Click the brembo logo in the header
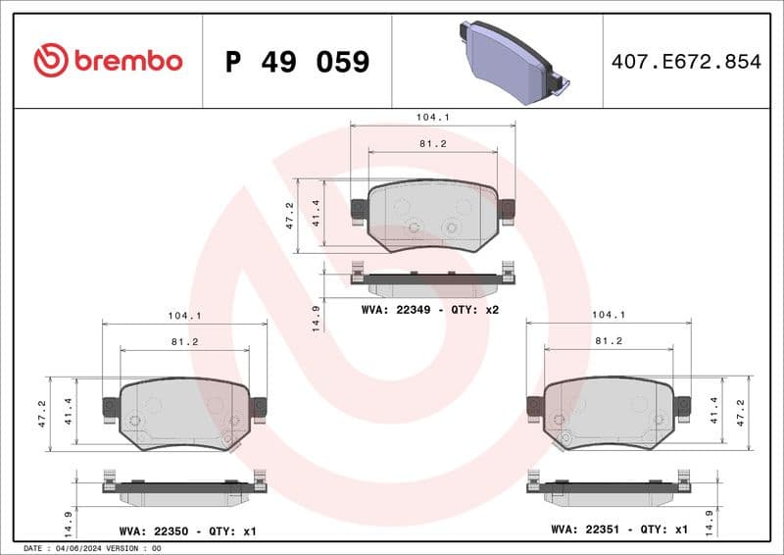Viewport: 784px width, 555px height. [x=108, y=61]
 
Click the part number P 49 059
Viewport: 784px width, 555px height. [x=297, y=62]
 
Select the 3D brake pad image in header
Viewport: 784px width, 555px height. [x=513, y=62]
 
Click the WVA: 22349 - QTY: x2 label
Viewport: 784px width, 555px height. [x=430, y=309]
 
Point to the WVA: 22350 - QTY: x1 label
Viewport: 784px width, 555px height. [x=187, y=530]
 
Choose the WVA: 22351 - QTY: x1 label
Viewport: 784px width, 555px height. [x=619, y=530]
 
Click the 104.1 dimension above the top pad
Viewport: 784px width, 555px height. [x=432, y=117]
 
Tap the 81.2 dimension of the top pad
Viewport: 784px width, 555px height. [x=432, y=144]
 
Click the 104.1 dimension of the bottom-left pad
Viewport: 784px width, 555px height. [x=184, y=316]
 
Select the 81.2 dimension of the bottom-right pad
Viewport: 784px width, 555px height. [x=609, y=341]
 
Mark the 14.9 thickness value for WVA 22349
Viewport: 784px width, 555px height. [x=316, y=318]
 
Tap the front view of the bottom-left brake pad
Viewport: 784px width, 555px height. [x=184, y=413]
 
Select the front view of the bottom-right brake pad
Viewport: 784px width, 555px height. [x=609, y=413]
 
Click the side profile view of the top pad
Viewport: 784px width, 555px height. [x=432, y=281]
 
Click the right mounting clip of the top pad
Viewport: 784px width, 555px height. [x=507, y=210]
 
